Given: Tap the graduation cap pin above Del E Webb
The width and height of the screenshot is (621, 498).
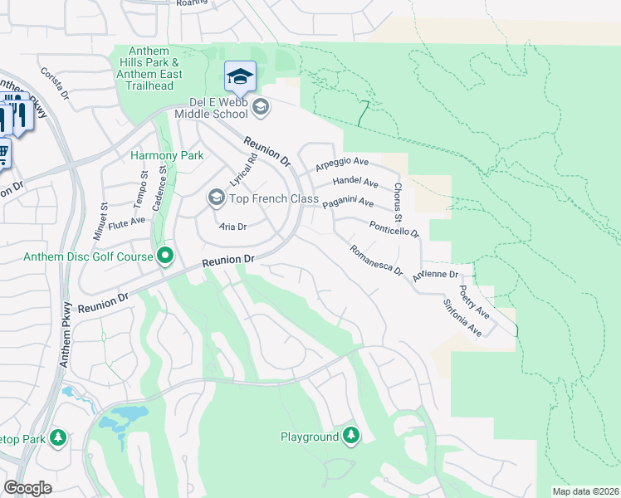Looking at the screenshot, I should (240, 78).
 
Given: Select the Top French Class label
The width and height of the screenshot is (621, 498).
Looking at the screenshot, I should (274, 198).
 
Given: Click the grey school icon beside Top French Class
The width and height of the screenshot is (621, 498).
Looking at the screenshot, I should (216, 198).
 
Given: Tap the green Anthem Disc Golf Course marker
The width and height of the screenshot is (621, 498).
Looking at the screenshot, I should (165, 256).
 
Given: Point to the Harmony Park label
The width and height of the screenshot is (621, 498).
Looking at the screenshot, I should (156, 155).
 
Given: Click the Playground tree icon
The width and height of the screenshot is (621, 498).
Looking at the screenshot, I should (351, 436).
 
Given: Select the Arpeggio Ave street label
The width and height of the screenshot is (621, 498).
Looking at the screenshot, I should (340, 164).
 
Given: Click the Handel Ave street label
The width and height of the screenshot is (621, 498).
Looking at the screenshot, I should (355, 182).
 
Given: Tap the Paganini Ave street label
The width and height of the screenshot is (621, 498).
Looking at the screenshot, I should (348, 203).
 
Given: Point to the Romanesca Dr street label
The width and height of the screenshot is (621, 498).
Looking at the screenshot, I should (376, 260).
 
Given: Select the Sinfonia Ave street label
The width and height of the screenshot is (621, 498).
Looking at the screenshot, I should (462, 317).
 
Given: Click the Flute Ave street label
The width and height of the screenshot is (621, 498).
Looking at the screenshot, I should (127, 221).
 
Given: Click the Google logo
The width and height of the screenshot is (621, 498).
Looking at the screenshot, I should (27, 487).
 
